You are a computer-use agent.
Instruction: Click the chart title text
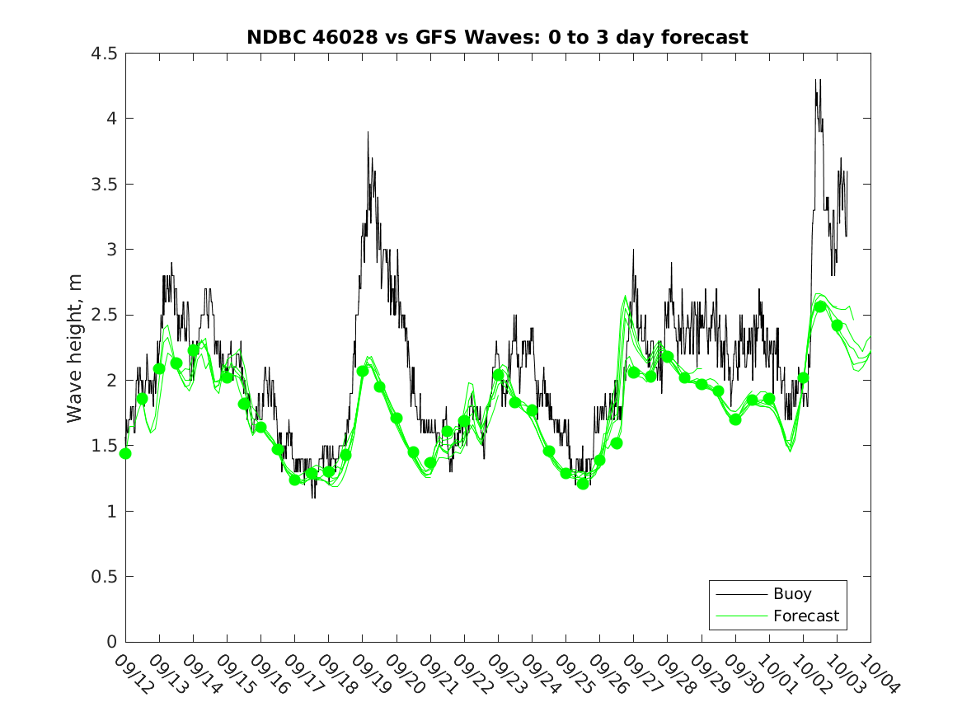pyautogui.click(x=497, y=37)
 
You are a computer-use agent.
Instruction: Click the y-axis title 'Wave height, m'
pyautogui.click(x=75, y=348)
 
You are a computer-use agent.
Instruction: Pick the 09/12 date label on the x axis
pyautogui.click(x=129, y=674)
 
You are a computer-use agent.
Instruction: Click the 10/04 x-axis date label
pyautogui.click(x=875, y=674)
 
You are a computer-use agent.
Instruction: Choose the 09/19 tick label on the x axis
pyautogui.click(x=367, y=674)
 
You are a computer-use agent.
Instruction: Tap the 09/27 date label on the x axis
pyautogui.click(x=638, y=674)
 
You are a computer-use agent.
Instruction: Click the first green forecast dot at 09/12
pyautogui.click(x=125, y=453)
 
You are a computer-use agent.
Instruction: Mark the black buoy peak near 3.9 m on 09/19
pyautogui.click(x=368, y=132)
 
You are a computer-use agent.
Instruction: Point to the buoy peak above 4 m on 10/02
pyautogui.click(x=816, y=80)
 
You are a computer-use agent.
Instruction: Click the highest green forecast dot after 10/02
pyautogui.click(x=820, y=307)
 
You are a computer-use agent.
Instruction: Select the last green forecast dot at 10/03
pyautogui.click(x=838, y=325)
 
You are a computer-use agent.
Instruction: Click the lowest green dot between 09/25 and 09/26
pyautogui.click(x=583, y=484)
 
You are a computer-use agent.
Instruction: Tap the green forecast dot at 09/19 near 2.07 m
pyautogui.click(x=363, y=371)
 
